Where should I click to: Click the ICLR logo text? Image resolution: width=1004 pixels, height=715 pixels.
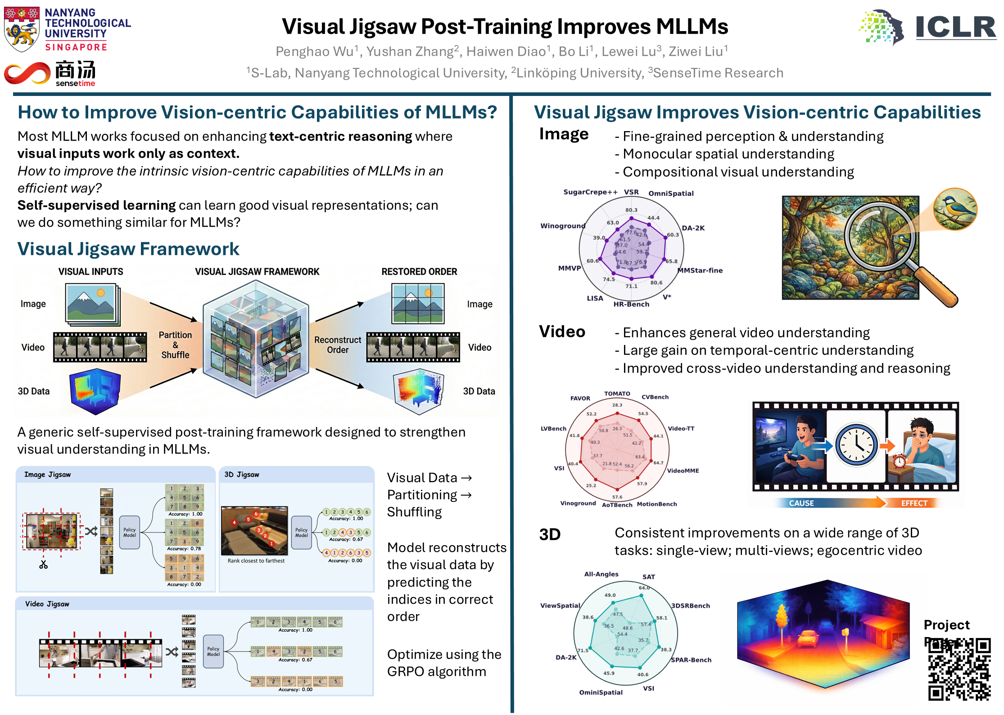955,27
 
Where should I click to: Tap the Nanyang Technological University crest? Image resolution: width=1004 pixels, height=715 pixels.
21,29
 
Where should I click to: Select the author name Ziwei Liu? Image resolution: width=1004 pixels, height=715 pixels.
697,52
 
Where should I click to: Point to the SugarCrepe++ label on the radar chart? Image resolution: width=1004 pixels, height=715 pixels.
590,192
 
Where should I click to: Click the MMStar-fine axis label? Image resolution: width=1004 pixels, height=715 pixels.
701,270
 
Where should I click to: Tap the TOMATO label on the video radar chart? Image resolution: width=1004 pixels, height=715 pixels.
617,393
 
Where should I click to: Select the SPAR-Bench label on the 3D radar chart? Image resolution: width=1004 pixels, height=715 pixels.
691,660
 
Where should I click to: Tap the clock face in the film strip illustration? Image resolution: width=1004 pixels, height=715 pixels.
856,445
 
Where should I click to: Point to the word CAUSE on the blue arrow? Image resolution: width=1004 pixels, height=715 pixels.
801,503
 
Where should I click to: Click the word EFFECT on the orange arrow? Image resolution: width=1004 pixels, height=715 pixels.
914,503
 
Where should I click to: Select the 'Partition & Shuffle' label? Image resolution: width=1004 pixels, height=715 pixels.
175,345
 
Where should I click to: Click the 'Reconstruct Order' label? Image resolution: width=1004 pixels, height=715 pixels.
338,345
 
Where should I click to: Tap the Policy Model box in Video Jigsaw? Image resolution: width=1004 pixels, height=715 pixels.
213,651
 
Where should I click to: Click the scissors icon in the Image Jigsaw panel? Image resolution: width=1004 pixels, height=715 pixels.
43,565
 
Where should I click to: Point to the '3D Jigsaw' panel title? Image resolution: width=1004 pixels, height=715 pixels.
242,474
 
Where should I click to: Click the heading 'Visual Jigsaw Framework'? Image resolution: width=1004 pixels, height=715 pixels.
128,249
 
